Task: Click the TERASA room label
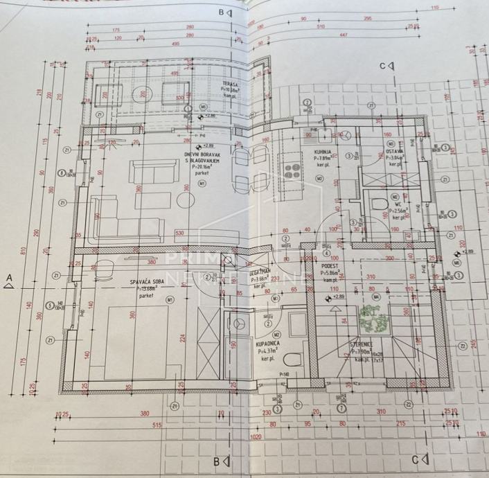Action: [x=231, y=83]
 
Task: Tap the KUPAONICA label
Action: [x=267, y=343]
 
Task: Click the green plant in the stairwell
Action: [x=373, y=318]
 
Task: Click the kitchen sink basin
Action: [x=324, y=133]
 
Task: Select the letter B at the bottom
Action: [x=217, y=461]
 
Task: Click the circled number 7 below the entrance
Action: [x=341, y=408]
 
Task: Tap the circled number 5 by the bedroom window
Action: [x=49, y=304]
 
